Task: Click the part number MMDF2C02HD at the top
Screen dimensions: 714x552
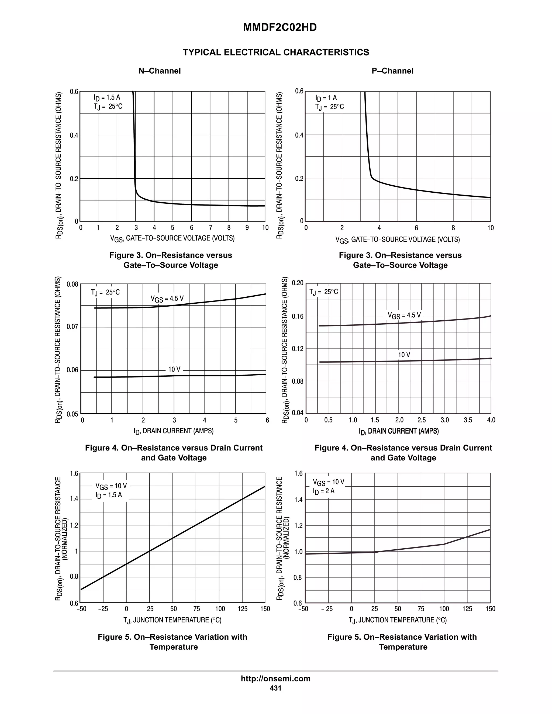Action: coord(280,27)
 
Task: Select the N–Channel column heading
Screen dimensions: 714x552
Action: coord(160,71)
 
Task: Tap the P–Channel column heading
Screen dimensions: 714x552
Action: coord(392,71)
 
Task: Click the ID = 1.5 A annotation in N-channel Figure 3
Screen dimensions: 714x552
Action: coord(107,98)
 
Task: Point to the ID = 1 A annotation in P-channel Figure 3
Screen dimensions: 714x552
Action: coord(326,98)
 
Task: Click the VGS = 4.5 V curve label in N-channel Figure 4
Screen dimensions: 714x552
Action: coord(167,299)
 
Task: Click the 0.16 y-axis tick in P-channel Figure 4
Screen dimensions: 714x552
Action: coord(298,316)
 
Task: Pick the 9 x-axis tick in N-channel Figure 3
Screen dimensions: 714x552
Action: coord(247,228)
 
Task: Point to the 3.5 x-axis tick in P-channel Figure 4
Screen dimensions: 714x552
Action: coord(468,420)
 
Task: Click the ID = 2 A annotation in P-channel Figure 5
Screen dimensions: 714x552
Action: coord(324,491)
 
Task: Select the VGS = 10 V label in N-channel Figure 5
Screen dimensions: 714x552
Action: coord(111,486)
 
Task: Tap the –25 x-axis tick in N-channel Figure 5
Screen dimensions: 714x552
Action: coord(103,609)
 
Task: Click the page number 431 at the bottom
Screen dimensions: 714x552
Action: coord(275,688)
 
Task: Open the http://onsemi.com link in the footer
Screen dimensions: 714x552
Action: coord(275,679)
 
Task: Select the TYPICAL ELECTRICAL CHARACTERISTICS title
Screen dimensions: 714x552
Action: coord(276,52)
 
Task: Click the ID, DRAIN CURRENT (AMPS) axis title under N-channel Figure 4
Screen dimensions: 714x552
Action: coord(174,431)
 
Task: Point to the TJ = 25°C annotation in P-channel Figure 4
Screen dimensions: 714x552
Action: coord(324,292)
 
